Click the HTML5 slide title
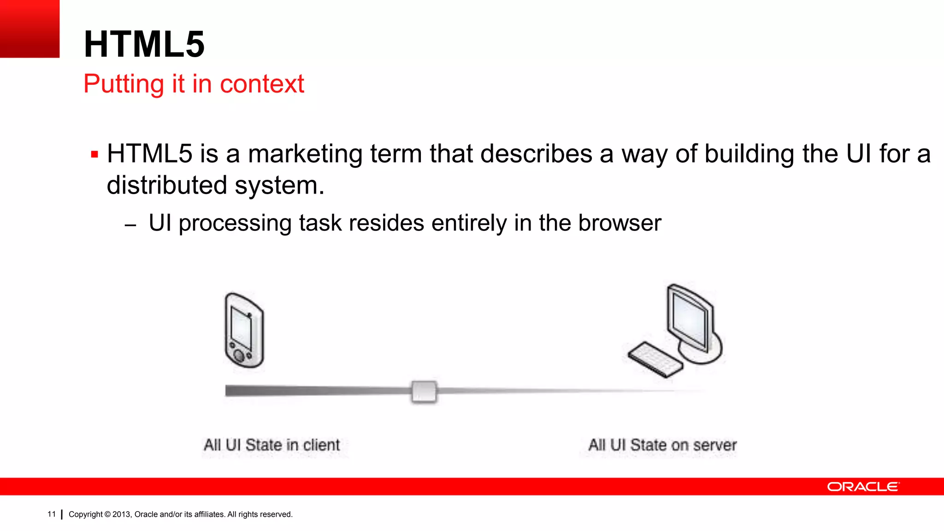(x=144, y=44)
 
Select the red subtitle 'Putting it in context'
(x=194, y=84)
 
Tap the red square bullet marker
(x=94, y=154)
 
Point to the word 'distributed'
(x=167, y=185)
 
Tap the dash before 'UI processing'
(x=130, y=225)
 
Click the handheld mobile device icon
(x=244, y=330)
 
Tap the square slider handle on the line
(x=424, y=391)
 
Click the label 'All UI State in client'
(x=271, y=445)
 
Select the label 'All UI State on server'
(x=662, y=445)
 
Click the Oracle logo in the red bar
(x=863, y=487)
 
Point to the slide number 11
(x=51, y=514)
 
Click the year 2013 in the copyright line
(x=121, y=514)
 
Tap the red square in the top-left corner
(x=29, y=29)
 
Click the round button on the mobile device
(x=239, y=355)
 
